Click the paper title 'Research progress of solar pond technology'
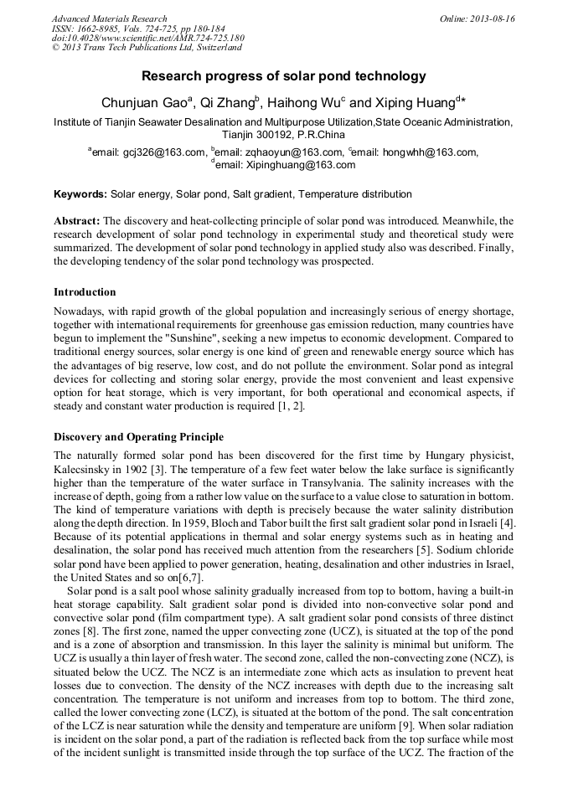click(x=283, y=76)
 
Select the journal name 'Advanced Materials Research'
click(x=109, y=18)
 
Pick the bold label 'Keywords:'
click(x=80, y=194)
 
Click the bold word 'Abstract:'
click(x=77, y=221)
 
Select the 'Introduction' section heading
click(x=85, y=292)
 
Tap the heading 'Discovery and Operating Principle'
click(x=138, y=437)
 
